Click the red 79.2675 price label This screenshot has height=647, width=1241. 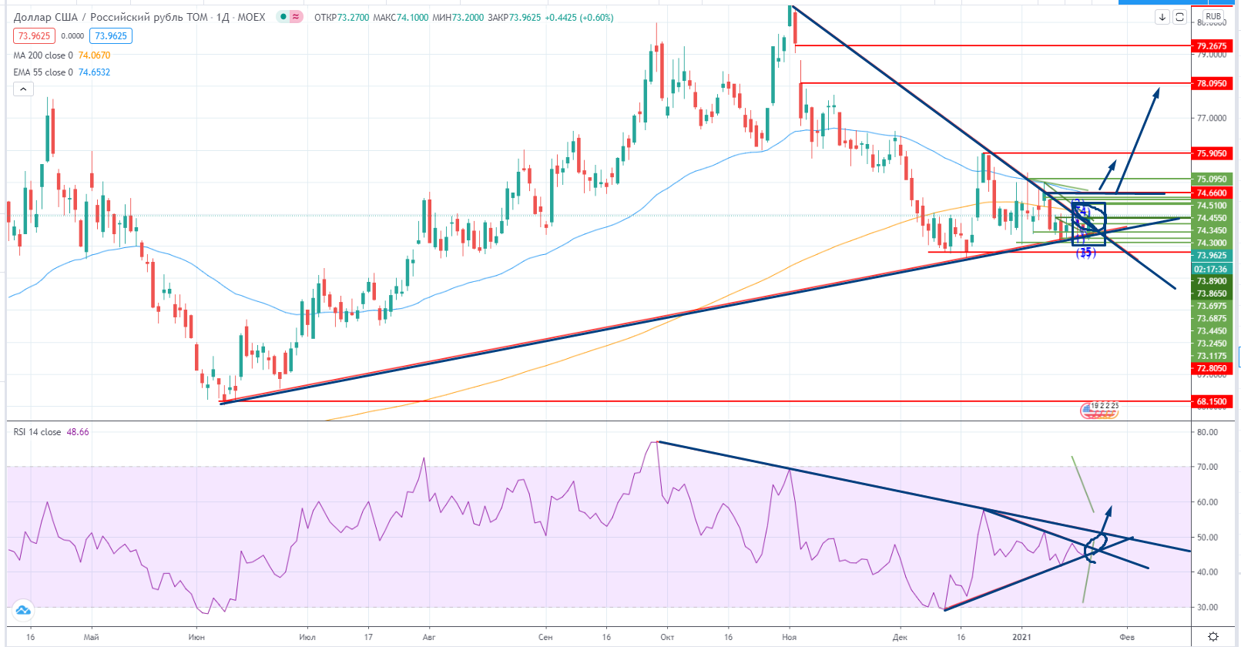point(1211,46)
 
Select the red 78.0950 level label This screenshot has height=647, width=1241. point(1211,83)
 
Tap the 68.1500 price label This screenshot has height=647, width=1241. point(1211,401)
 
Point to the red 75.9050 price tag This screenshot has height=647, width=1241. point(1211,154)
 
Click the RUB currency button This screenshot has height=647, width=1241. point(1213,16)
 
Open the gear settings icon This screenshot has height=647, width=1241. point(1213,636)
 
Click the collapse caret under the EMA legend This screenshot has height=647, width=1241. point(23,89)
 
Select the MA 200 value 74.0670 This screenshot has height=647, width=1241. point(94,55)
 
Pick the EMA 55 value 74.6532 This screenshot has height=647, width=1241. point(94,72)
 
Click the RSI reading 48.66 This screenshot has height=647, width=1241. point(78,432)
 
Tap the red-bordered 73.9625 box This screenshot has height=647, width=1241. point(34,36)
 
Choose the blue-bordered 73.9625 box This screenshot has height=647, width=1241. point(110,36)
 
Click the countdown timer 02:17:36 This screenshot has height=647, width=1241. point(1211,269)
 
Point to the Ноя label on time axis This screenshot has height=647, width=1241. point(789,637)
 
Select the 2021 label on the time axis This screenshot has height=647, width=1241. point(1021,637)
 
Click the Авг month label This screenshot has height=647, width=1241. point(429,637)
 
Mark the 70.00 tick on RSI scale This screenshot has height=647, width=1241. point(1208,467)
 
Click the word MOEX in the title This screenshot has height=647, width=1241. point(251,17)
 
